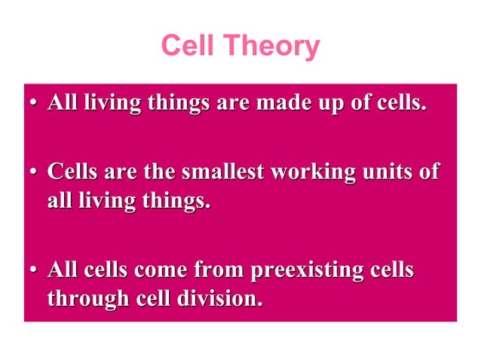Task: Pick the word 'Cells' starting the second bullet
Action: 72,172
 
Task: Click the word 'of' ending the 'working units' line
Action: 428,172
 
